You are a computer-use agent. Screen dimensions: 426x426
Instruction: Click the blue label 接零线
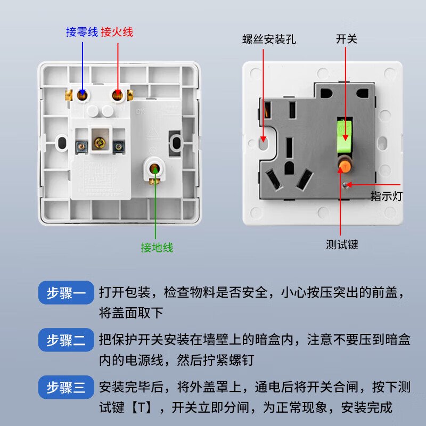click(x=82, y=32)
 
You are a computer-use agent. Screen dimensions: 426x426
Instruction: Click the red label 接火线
click(x=117, y=32)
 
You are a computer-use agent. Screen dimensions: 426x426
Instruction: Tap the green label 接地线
click(x=157, y=248)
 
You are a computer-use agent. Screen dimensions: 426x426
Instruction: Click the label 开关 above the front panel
click(x=346, y=39)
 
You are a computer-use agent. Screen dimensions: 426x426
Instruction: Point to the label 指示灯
click(x=386, y=196)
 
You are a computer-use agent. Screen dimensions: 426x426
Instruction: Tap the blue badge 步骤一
click(x=65, y=293)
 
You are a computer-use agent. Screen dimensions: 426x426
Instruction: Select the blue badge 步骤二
click(x=65, y=340)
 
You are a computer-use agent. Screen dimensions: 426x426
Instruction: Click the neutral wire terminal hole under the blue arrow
click(x=83, y=95)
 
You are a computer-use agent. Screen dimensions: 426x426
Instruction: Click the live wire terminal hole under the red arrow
click(x=117, y=95)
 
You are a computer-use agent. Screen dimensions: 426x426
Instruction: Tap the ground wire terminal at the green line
click(x=155, y=170)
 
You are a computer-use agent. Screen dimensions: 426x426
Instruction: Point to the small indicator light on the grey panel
click(x=347, y=184)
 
